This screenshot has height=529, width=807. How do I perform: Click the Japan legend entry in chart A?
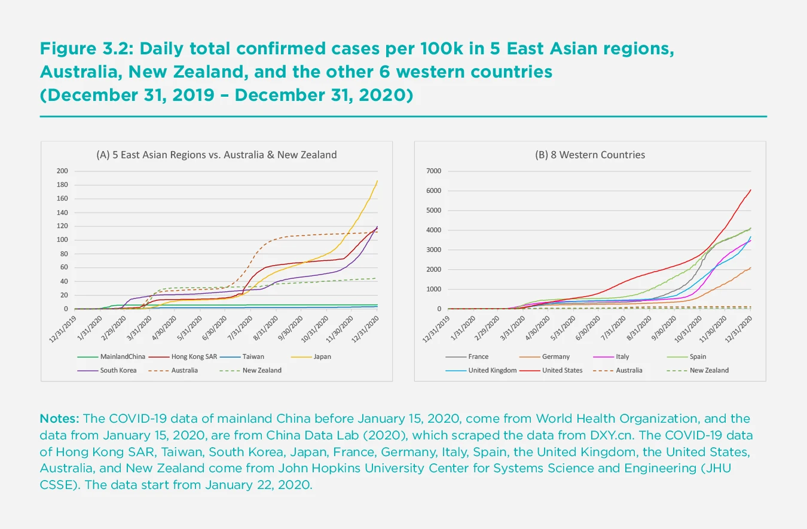(322, 356)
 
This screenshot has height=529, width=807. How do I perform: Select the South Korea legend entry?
(118, 370)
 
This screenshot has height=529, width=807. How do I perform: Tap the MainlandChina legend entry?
(123, 356)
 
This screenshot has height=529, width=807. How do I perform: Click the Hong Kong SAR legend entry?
(193, 356)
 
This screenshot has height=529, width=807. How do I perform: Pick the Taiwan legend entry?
(254, 356)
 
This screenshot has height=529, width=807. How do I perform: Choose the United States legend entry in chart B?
(562, 370)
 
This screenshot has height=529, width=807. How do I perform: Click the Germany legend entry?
(556, 356)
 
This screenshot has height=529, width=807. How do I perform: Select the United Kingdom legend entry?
(492, 370)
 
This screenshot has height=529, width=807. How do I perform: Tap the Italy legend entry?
(622, 356)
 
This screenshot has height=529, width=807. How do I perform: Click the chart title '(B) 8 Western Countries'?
(589, 155)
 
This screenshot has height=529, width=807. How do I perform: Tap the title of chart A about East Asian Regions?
(216, 155)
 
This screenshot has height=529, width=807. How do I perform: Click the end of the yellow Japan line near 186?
(377, 181)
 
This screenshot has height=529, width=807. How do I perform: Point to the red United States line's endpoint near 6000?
(751, 190)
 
